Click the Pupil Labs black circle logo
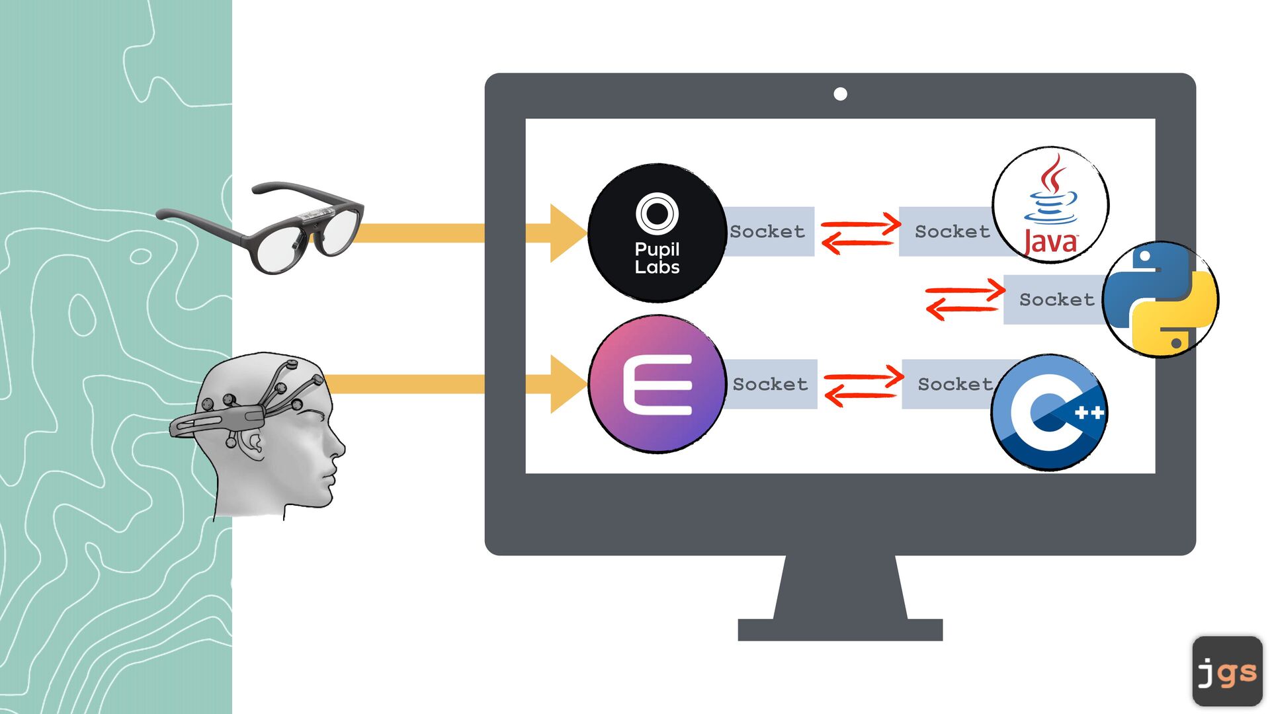pyautogui.click(x=657, y=233)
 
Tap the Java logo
pyautogui.click(x=1050, y=205)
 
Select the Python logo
pyautogui.click(x=1161, y=299)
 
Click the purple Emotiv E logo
pyautogui.click(x=657, y=384)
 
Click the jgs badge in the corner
pyautogui.click(x=1227, y=671)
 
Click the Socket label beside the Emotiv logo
pyautogui.click(x=771, y=384)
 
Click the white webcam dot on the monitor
pyautogui.click(x=840, y=94)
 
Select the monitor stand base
pyautogui.click(x=840, y=629)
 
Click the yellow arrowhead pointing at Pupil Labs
pyautogui.click(x=567, y=233)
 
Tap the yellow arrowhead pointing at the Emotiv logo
pyautogui.click(x=567, y=384)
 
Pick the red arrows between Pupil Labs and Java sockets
pyautogui.click(x=860, y=233)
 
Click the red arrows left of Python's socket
pyautogui.click(x=964, y=299)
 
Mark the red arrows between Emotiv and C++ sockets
pyautogui.click(x=863, y=386)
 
